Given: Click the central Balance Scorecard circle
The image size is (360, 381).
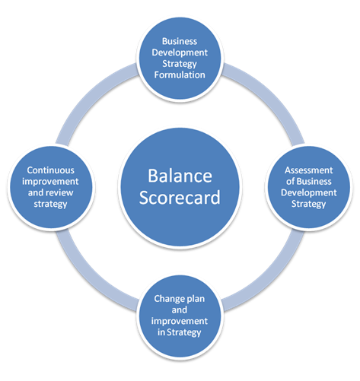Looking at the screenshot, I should pos(180,186).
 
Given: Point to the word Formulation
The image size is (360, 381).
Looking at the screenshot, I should pos(181,74).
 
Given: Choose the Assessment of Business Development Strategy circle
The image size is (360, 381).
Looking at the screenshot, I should pos(307,187).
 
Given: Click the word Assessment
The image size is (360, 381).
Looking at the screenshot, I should pos(307,170).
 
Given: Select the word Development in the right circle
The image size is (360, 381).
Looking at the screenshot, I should pos(307,192).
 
